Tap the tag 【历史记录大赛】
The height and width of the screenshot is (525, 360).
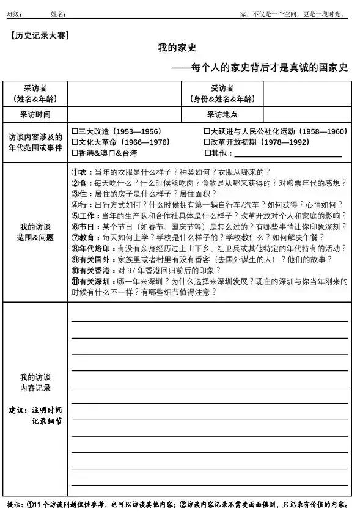40,35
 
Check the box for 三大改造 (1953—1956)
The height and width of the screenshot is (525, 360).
75,131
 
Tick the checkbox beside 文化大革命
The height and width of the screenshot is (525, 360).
75,142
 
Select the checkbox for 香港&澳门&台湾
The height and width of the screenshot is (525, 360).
75,153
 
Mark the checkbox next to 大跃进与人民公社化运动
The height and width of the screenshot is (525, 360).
207,131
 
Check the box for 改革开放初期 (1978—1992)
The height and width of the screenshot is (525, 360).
207,142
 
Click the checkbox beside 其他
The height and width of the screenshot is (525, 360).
207,153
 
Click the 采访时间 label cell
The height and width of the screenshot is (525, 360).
35,114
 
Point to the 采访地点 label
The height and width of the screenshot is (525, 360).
222,114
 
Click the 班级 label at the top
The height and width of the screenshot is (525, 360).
13,14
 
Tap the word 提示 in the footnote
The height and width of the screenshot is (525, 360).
15,505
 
